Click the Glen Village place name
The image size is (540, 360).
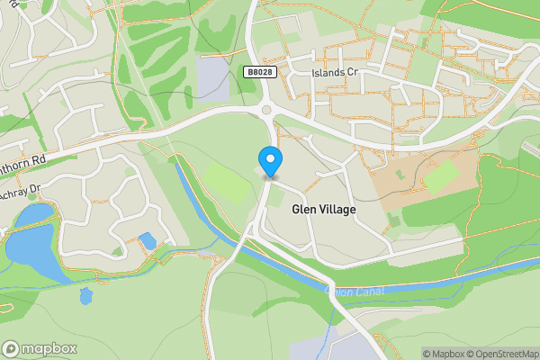[324, 209]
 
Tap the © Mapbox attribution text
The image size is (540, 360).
[443, 354]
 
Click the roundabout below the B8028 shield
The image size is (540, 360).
[267, 111]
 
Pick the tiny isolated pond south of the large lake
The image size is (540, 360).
[85, 296]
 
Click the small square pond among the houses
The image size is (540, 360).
[148, 240]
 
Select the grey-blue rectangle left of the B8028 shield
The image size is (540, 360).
[213, 79]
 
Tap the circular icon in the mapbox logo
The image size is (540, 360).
[12, 349]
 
